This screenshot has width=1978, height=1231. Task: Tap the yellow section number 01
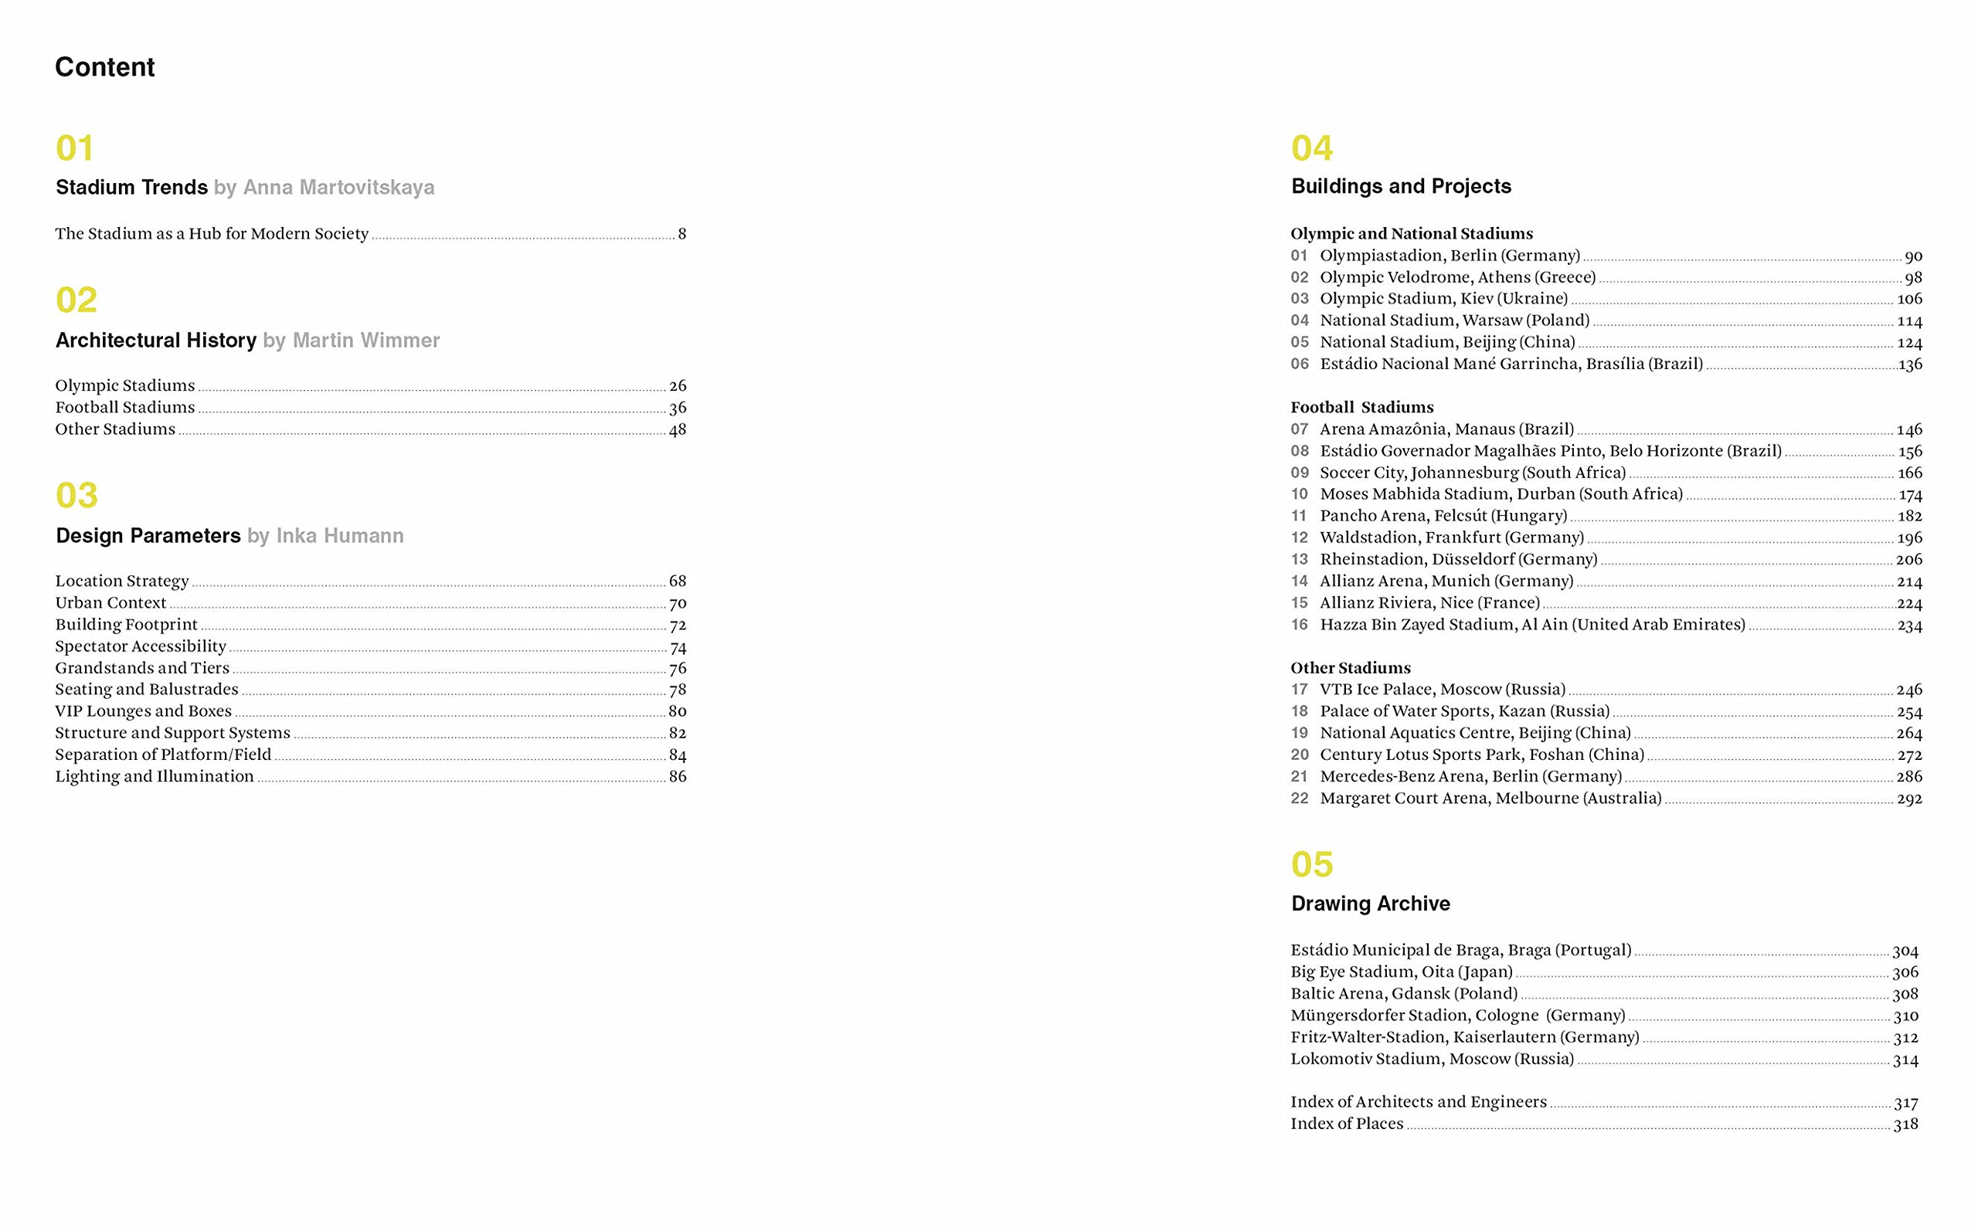(x=75, y=148)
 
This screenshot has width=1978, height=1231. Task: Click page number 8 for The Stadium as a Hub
(x=681, y=235)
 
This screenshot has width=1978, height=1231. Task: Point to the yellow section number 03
(x=76, y=495)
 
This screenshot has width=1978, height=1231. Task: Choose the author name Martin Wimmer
(x=365, y=341)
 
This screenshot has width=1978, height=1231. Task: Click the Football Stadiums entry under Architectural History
(x=124, y=407)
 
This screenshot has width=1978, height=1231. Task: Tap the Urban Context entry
(x=110, y=602)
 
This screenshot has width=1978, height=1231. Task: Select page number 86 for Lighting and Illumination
(x=678, y=777)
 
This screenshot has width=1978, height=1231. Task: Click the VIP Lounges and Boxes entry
(x=143, y=710)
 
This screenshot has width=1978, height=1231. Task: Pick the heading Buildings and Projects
(x=1401, y=186)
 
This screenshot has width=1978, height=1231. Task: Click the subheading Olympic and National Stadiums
(x=1411, y=234)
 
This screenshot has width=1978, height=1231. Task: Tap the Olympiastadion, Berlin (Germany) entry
(x=1450, y=256)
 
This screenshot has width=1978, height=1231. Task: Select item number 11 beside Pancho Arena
(x=1299, y=516)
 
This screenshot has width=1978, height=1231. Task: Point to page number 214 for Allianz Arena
(x=1908, y=582)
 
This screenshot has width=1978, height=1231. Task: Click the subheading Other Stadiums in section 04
(x=1350, y=667)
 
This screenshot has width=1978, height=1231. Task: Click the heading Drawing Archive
(x=1371, y=904)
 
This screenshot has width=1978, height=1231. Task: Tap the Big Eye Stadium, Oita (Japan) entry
(x=1402, y=972)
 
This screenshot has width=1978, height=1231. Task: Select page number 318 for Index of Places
(x=1905, y=1124)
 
